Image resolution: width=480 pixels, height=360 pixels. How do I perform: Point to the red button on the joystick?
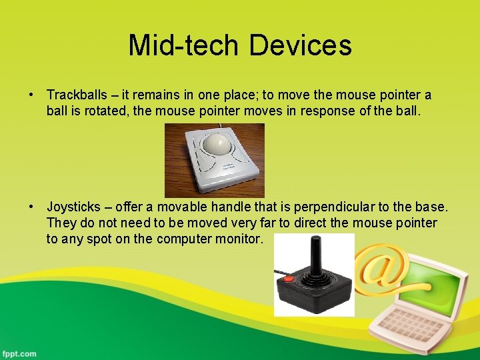(288, 278)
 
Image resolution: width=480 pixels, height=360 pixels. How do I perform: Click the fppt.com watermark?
(19, 353)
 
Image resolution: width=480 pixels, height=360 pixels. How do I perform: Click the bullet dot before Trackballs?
(31, 95)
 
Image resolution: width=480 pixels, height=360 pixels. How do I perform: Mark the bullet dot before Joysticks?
(31, 208)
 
